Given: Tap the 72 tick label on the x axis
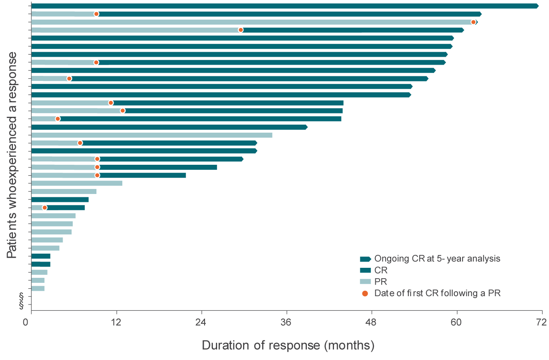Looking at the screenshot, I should [541, 322].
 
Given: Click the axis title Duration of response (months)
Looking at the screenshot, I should [288, 345].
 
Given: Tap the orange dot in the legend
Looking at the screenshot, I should [365, 293].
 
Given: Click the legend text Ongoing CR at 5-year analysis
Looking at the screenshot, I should [437, 259].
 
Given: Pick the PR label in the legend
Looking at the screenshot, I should [380, 282].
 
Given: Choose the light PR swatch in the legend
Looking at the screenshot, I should [365, 282].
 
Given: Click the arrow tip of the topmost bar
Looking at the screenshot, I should [537, 6].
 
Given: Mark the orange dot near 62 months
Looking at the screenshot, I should [473, 22].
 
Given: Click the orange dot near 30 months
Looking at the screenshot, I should [240, 30].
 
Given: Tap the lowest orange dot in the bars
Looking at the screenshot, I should [45, 208].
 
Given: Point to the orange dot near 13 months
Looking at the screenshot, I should [123, 111].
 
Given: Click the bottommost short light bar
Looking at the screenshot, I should [38, 289].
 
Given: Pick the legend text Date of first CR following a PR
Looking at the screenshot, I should [437, 293].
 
